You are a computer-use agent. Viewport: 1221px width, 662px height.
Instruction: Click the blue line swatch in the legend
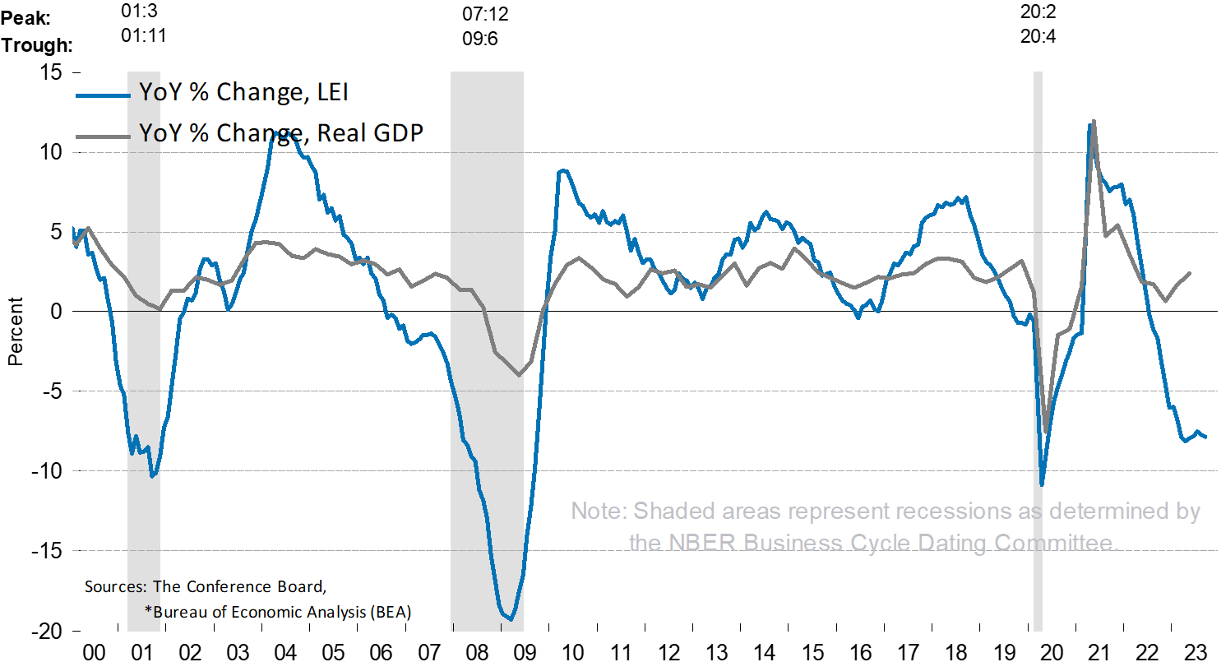(x=103, y=95)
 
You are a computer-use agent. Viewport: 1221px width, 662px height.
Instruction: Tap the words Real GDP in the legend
(x=370, y=133)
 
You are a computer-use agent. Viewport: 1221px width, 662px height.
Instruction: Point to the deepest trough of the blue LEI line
(x=510, y=618)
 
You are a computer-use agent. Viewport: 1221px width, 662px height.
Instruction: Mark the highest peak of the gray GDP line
(x=1094, y=121)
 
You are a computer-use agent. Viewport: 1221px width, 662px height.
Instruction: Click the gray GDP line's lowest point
(x=1046, y=432)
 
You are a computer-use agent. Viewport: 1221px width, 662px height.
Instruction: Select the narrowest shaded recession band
(x=1038, y=354)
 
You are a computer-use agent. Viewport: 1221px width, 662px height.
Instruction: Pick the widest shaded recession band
(x=487, y=354)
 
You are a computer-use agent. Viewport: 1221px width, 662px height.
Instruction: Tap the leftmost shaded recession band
(x=143, y=354)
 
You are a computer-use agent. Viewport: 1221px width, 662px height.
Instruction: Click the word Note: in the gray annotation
(x=599, y=512)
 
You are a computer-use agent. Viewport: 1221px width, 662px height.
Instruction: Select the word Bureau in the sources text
(x=178, y=612)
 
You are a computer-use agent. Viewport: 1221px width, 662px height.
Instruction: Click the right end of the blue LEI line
(x=1205, y=437)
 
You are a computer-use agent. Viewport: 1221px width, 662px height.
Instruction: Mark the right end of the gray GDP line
(x=1190, y=272)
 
